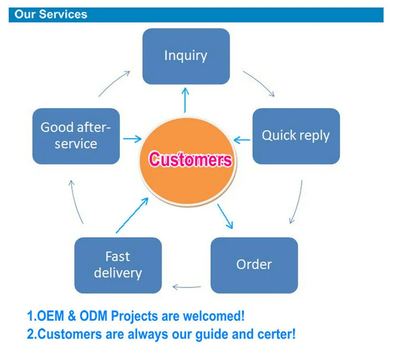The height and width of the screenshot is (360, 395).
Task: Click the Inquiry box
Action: pos(186,56)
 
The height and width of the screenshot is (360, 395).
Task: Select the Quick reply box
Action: pos(296,136)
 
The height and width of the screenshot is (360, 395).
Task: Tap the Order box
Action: pos(254,265)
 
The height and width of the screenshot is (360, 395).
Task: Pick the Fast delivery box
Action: pos(118,265)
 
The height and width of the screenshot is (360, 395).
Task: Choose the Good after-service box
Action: pos(76,136)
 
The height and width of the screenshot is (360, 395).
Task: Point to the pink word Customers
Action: pos(190,160)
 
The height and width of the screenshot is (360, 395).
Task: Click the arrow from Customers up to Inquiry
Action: pos(185,100)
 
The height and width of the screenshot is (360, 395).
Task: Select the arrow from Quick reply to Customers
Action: pos(242,139)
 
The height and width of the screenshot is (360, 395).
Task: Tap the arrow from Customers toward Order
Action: pos(225,216)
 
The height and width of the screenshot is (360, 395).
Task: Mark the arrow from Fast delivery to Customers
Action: pos(132,216)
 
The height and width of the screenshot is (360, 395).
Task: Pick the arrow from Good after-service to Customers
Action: pos(132,139)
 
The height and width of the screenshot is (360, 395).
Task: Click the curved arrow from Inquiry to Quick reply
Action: pos(260,83)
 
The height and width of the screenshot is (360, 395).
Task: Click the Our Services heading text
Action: pos(51,14)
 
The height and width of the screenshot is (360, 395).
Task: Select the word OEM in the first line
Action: pos(49,316)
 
